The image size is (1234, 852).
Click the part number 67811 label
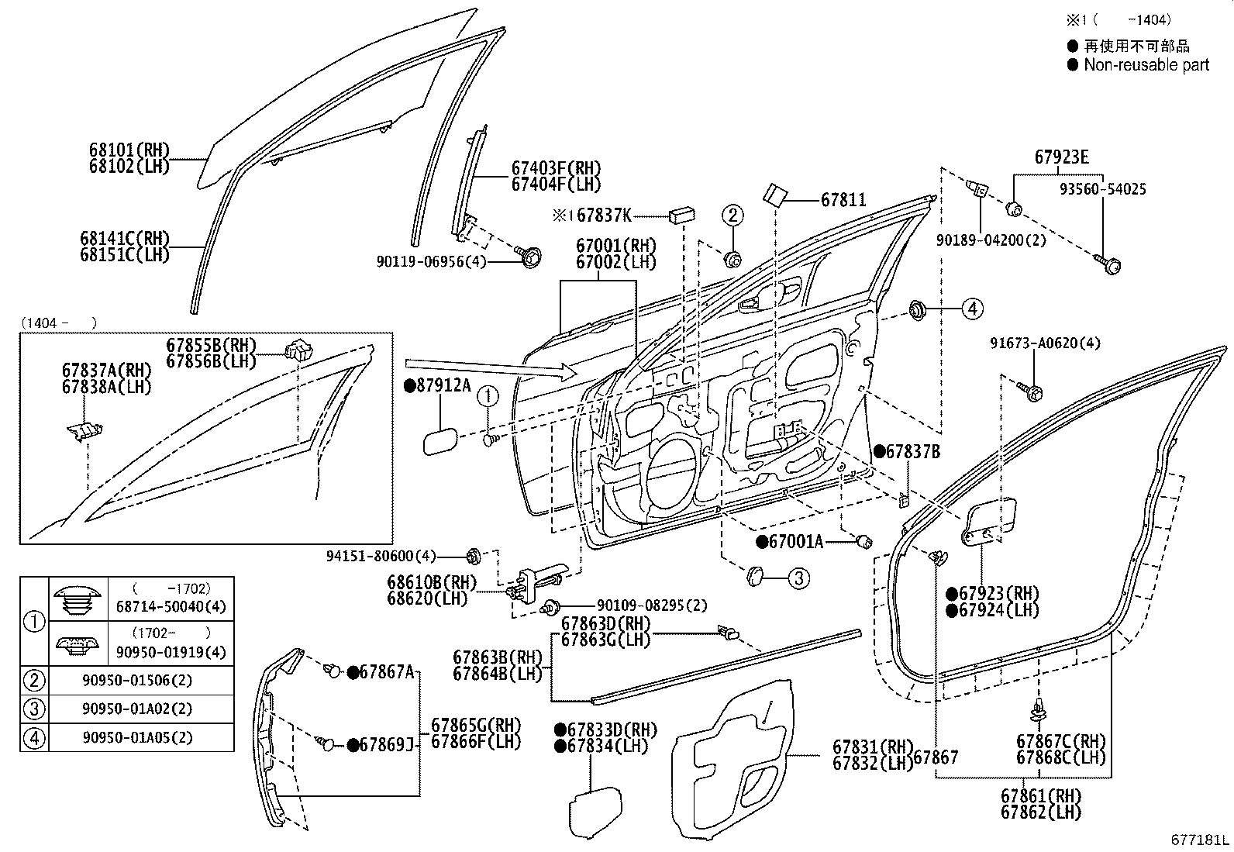coord(843,199)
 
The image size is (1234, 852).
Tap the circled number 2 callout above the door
coord(732,215)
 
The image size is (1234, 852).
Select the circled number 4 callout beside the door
coord(972,309)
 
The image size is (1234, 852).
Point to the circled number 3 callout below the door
coord(798,578)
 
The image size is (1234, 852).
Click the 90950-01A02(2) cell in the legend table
coord(138,709)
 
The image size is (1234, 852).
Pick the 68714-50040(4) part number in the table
coord(171,607)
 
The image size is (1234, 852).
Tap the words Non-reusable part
coord(1146,65)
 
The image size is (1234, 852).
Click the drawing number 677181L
coord(1199,840)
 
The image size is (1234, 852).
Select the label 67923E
coord(1061,157)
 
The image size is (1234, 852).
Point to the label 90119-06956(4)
coord(431,261)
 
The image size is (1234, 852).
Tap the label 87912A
coord(443,386)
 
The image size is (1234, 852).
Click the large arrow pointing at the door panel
coord(491,369)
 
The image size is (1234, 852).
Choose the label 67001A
coord(795,542)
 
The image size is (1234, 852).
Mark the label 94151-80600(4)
coord(381,556)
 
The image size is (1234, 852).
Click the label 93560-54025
coord(1103,189)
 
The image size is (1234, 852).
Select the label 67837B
coord(913,452)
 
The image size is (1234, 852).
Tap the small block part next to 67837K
coord(681,215)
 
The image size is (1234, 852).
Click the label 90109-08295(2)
coord(652,605)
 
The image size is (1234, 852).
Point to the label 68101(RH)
coord(129,150)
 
